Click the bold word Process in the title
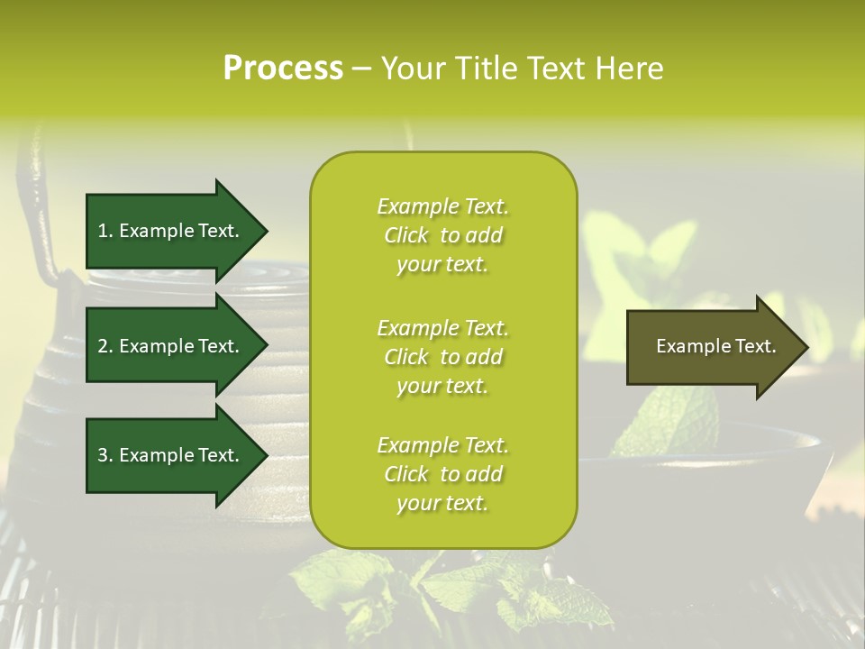tap(283, 69)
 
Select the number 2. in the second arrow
tap(105, 346)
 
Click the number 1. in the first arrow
tap(105, 231)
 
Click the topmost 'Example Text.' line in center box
tap(442, 206)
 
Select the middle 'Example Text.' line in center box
tap(442, 328)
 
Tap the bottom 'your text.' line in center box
tap(442, 504)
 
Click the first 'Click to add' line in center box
tap(442, 235)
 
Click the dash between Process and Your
tap(361, 69)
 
